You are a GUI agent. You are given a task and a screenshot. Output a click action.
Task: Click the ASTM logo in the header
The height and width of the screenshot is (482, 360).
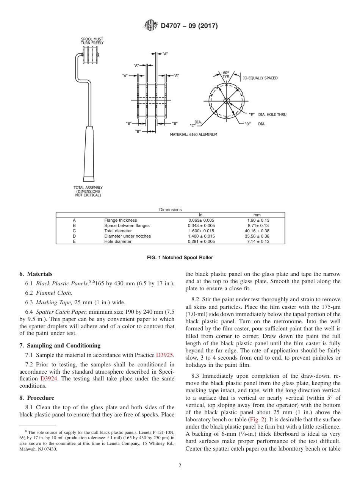151,26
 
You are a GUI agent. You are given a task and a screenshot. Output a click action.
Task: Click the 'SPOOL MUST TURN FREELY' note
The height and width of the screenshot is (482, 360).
92,41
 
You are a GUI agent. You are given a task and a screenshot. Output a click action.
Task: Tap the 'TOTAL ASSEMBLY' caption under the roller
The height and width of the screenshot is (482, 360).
88,191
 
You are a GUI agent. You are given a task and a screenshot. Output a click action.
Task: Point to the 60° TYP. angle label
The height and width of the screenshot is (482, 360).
226,74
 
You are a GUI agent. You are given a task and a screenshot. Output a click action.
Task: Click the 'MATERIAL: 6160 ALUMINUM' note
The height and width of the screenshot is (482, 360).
193,135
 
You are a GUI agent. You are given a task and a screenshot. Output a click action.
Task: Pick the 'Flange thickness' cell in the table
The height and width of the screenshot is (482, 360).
121,220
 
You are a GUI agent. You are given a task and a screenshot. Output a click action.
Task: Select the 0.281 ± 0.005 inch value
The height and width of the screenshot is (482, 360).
201,241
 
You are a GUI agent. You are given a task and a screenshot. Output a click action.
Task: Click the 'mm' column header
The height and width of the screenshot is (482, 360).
257,215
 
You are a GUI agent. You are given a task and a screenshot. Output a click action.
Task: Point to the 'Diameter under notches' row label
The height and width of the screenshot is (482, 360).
127,236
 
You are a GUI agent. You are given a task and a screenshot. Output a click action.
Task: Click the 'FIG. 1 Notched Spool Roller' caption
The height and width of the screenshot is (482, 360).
180,258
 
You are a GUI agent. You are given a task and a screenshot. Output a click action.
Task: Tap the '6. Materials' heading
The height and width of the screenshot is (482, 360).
36,274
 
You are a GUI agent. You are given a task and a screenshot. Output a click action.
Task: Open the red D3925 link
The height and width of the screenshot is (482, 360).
164,355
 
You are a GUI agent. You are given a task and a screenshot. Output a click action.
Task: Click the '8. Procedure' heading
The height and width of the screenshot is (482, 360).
37,398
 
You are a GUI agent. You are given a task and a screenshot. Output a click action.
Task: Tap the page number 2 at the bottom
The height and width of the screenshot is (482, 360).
180,466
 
